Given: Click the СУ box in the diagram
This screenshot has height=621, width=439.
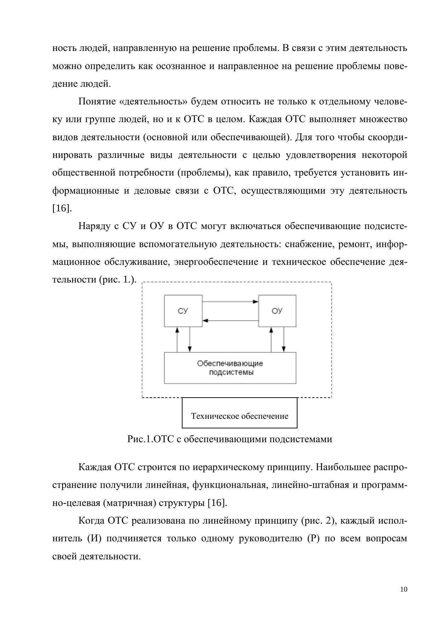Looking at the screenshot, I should click(183, 310).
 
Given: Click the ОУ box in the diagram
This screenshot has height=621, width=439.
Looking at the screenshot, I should click(277, 310).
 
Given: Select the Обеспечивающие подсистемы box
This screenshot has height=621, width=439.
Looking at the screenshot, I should click(230, 368).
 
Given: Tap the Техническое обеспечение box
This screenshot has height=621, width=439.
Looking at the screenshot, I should click(239, 413).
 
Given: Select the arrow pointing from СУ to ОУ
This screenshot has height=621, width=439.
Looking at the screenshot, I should click(230, 302).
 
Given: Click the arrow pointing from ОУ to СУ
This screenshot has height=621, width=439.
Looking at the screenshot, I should click(230, 320).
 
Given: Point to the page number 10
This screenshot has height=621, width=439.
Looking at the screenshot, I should click(404, 589).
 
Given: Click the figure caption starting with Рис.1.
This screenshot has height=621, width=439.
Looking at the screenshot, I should click(230, 439).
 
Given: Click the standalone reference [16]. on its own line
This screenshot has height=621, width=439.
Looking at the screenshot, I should click(62, 208).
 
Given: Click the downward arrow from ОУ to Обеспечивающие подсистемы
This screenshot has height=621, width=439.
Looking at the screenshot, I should click(284, 339).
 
